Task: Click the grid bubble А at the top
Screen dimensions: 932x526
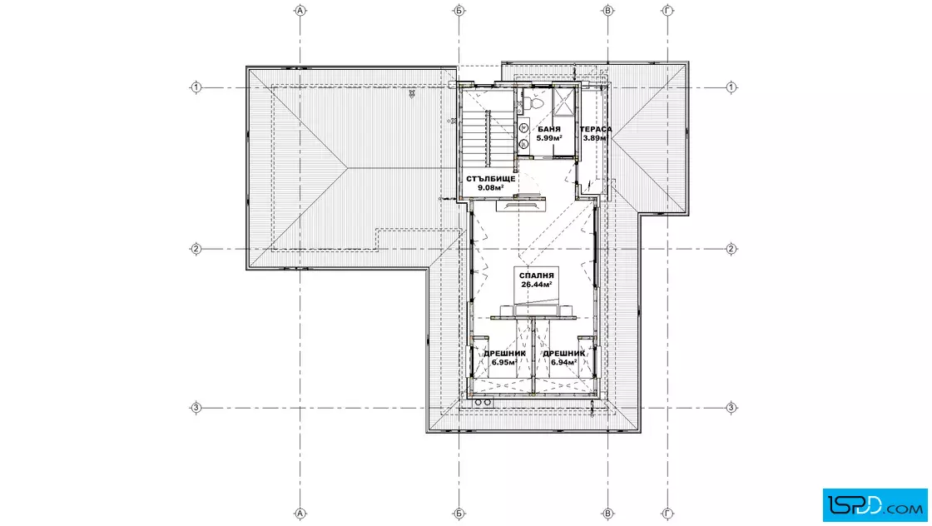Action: [x=300, y=10]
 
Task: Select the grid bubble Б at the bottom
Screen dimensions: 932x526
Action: [x=459, y=514]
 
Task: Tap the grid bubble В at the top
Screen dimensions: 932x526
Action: [x=607, y=10]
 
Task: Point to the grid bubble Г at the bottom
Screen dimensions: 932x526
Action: [x=667, y=514]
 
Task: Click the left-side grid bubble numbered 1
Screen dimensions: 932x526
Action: [x=196, y=87]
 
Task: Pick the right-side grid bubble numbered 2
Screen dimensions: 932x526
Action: [x=731, y=249]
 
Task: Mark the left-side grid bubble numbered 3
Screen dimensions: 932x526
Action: [x=196, y=408]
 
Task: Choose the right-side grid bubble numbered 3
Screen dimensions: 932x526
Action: [x=731, y=408]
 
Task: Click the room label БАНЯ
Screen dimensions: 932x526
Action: [x=549, y=129]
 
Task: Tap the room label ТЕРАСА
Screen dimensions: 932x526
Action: [x=596, y=129]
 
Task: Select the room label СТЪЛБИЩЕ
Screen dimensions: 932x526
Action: [x=491, y=178]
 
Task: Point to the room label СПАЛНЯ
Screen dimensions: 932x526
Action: [x=536, y=275]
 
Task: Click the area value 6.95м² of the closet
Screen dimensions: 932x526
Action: [x=504, y=363]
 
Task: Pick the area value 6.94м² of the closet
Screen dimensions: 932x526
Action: [x=563, y=363]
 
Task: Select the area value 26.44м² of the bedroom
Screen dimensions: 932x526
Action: [x=536, y=285]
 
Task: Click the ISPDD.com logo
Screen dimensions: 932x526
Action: [x=875, y=505]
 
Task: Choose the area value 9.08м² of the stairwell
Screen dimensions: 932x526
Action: [x=491, y=188]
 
